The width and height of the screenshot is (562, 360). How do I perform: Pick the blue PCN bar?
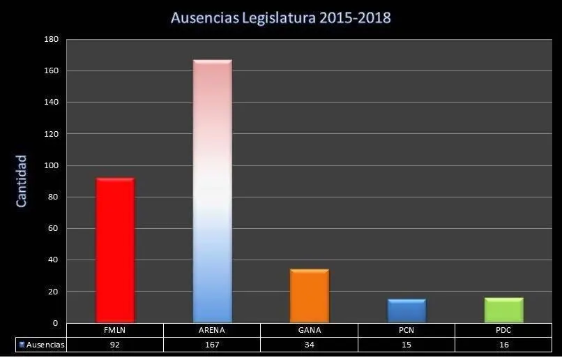click(x=407, y=310)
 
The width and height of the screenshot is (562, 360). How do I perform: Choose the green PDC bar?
click(x=503, y=310)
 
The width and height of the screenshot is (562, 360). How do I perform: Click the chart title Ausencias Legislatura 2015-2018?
click(x=281, y=17)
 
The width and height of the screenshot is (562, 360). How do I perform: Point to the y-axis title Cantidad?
click(x=22, y=181)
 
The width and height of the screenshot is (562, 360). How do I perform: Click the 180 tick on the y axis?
click(x=50, y=40)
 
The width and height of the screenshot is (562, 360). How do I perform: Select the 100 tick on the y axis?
click(x=50, y=165)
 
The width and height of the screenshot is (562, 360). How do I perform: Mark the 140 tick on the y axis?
click(x=50, y=103)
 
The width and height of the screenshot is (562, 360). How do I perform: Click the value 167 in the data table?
click(x=212, y=345)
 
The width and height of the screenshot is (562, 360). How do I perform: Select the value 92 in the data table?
click(x=115, y=345)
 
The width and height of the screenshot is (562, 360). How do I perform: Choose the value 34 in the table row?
click(x=309, y=345)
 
